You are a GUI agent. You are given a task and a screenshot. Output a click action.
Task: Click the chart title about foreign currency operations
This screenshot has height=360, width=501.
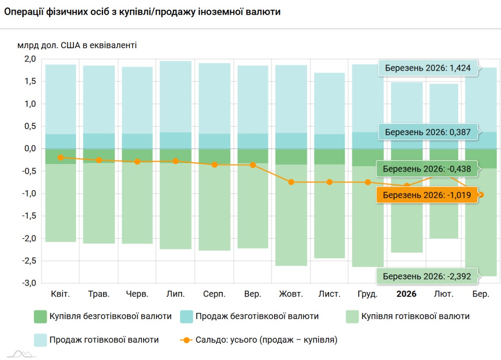click(x=142, y=12)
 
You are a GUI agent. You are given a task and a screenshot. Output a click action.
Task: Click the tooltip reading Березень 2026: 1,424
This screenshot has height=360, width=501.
click(x=427, y=68)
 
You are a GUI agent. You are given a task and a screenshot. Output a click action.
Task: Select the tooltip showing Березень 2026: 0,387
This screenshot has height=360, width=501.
click(x=427, y=132)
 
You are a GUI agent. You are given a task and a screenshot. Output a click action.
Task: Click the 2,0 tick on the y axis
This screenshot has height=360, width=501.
click(x=30, y=59)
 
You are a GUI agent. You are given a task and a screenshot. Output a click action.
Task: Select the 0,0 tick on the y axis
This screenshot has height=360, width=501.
click(x=30, y=149)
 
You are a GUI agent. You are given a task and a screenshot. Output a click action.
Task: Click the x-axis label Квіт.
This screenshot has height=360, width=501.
click(x=60, y=294)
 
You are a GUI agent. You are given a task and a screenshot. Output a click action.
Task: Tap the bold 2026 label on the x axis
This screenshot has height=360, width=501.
click(x=406, y=294)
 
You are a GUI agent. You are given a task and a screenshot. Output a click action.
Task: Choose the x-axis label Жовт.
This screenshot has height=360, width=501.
click(x=291, y=294)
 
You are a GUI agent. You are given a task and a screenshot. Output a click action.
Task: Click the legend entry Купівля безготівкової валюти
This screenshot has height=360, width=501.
click(x=103, y=316)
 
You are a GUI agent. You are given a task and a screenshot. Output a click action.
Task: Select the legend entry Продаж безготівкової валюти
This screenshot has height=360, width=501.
click(x=249, y=316)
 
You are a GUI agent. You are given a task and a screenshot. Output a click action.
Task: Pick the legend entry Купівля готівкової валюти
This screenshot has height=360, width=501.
click(x=408, y=316)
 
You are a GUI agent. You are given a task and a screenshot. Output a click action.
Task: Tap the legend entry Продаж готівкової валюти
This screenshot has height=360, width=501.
click(x=96, y=340)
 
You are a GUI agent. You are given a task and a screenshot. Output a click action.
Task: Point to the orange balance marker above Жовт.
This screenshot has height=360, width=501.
click(x=291, y=182)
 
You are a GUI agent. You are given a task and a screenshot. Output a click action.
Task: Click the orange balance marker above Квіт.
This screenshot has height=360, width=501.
click(x=61, y=157)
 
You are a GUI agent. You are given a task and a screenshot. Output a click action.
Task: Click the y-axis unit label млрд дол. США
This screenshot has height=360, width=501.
click(x=77, y=45)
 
